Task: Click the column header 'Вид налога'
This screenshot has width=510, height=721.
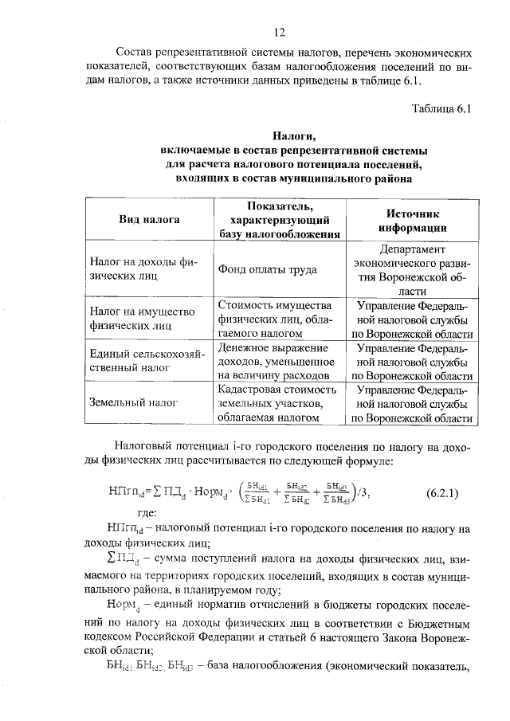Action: coord(149,219)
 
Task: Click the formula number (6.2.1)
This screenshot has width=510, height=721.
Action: coord(441,492)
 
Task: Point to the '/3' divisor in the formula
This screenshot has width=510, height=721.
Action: coord(365,492)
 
